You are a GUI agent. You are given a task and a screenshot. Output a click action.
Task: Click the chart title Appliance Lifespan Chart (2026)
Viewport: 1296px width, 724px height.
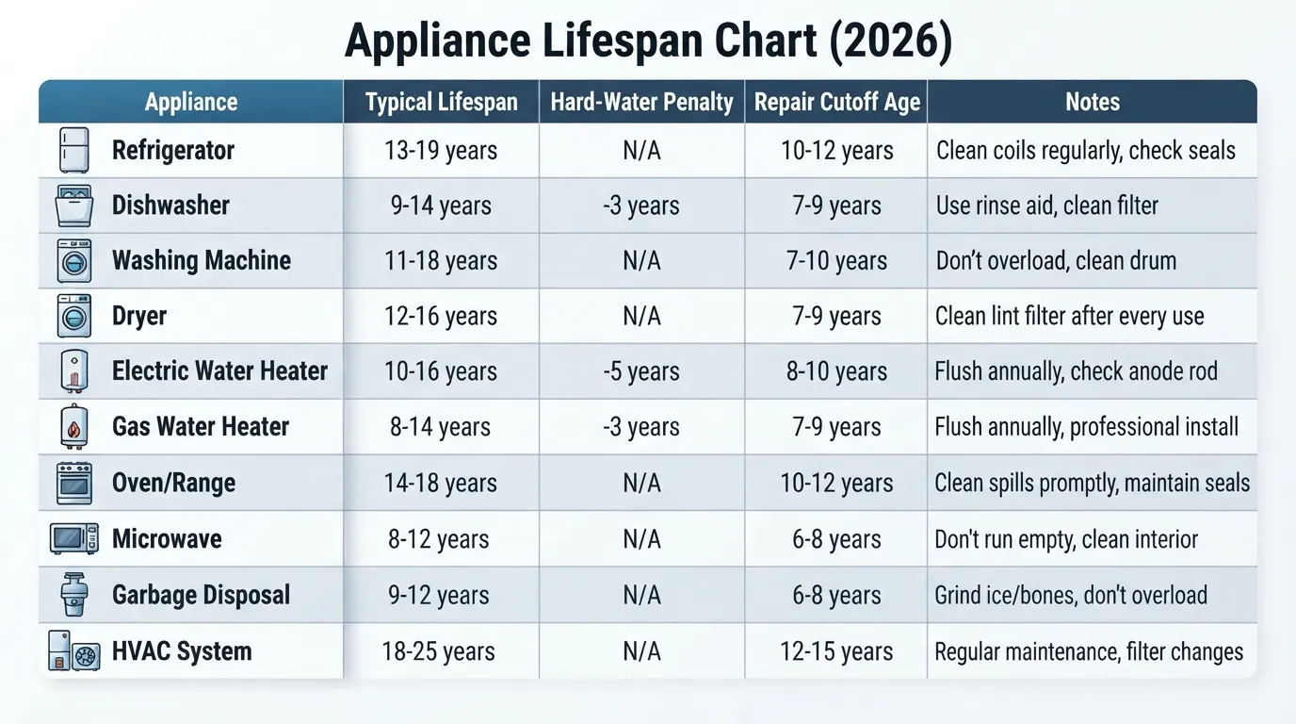[x=648, y=41]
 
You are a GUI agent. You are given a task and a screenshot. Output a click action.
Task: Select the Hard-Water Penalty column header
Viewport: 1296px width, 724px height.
[x=641, y=102]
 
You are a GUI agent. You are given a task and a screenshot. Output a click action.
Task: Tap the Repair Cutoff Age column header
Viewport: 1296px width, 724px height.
[x=836, y=102]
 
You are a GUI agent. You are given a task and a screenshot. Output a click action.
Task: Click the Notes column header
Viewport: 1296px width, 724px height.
[x=1093, y=102]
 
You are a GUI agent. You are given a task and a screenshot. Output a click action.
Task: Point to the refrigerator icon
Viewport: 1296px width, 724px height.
[x=74, y=150]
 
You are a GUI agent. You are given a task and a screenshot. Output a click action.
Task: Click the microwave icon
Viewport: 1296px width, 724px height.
[x=74, y=538]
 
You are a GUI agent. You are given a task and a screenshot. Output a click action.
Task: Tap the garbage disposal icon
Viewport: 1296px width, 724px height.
[x=74, y=594]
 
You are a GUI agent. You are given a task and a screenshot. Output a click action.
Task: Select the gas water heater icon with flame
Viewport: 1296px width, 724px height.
[x=74, y=427]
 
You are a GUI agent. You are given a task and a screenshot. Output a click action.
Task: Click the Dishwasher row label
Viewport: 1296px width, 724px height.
[x=170, y=205]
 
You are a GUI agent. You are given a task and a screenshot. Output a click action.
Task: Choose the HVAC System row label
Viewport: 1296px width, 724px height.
[x=182, y=651]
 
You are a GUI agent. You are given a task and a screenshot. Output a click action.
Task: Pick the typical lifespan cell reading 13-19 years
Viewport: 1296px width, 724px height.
[x=441, y=151]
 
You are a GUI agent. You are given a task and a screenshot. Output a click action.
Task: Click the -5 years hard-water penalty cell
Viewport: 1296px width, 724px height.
[x=641, y=371]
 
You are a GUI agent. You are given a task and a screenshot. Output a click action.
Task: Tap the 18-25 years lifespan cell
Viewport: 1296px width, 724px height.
[x=439, y=651]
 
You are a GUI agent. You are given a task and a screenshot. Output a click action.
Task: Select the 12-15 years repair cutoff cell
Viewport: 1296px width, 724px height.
[x=836, y=651]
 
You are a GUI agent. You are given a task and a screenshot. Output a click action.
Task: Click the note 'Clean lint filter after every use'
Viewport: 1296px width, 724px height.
[x=1069, y=316]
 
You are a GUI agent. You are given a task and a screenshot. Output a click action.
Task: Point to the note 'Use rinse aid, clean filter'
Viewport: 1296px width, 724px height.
[x=1047, y=206]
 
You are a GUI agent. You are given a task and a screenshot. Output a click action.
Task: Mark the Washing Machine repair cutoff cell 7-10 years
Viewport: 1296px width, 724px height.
[x=836, y=260]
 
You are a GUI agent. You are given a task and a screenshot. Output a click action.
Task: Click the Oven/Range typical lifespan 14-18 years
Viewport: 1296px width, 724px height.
[x=441, y=483]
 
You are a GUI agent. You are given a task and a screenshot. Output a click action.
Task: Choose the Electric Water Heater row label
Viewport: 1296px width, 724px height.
[x=219, y=370]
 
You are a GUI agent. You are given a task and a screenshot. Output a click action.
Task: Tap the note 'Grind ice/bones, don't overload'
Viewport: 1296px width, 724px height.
[x=1071, y=596]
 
